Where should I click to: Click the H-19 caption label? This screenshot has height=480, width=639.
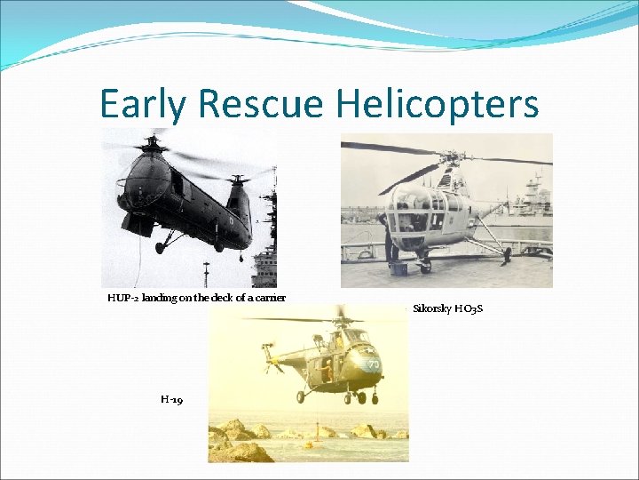(172, 400)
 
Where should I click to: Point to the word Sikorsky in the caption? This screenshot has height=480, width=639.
(432, 308)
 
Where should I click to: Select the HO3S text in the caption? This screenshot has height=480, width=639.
(469, 308)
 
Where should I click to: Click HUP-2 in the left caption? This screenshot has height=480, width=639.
(122, 298)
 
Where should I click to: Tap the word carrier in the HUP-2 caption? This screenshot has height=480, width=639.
(269, 298)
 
